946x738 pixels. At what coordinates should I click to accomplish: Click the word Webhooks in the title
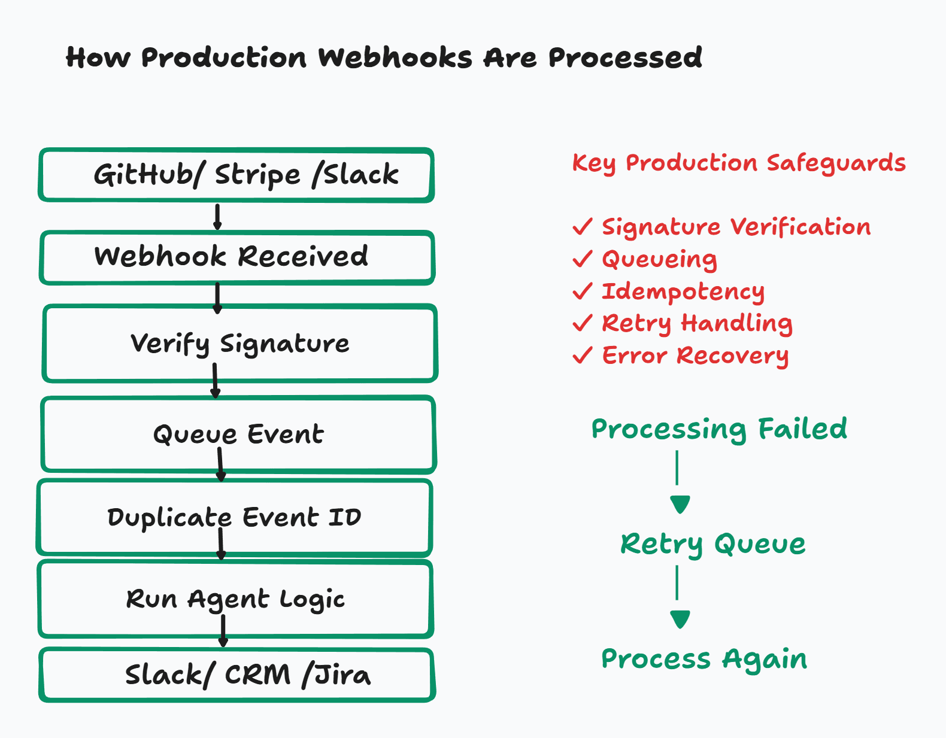[395, 57]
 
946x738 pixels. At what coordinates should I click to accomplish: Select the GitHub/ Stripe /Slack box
[236, 175]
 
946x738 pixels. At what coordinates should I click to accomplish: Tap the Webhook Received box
[237, 257]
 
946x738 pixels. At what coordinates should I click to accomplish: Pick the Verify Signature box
[240, 344]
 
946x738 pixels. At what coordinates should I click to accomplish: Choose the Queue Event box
[238, 435]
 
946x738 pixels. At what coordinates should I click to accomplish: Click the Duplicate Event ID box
[235, 517]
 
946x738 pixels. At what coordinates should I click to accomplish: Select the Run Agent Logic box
[235, 599]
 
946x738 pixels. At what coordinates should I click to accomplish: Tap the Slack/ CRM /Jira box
[237, 675]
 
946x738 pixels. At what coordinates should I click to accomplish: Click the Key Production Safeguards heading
[739, 163]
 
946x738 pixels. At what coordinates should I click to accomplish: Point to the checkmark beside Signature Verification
[583, 226]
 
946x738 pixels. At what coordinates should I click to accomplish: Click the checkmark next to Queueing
[583, 259]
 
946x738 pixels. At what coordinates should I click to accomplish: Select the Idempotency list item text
[683, 291]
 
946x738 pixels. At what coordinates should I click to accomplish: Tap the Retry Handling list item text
[697, 324]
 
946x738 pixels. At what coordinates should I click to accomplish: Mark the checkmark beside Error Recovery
[583, 355]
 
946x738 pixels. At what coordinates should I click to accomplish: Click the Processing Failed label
[719, 430]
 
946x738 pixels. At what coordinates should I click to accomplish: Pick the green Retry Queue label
[712, 545]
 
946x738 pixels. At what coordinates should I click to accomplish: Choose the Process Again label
[704, 660]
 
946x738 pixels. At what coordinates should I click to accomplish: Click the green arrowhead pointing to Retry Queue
[680, 505]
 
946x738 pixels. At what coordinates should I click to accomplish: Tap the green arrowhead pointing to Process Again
[680, 619]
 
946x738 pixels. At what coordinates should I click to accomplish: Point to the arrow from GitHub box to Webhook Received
[217, 217]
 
